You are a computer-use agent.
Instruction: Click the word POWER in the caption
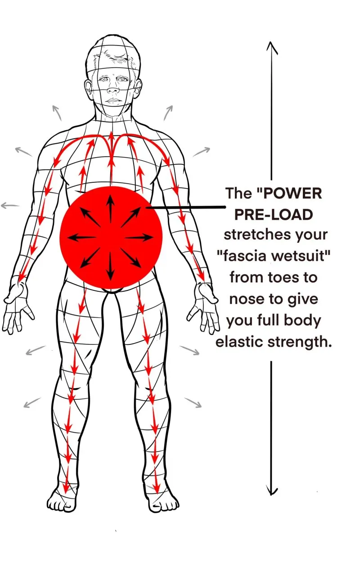(292, 193)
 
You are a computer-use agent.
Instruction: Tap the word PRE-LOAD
(274, 214)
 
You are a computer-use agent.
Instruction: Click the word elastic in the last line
(239, 342)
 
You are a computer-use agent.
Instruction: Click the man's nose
(113, 88)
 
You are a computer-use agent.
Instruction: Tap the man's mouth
(113, 100)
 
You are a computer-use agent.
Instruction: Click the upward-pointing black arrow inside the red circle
(110, 208)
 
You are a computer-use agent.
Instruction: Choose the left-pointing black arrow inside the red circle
(82, 237)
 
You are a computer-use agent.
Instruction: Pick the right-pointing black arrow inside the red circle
(139, 237)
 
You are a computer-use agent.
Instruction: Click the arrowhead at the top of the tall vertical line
(271, 48)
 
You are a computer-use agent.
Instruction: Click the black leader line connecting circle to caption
(186, 207)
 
